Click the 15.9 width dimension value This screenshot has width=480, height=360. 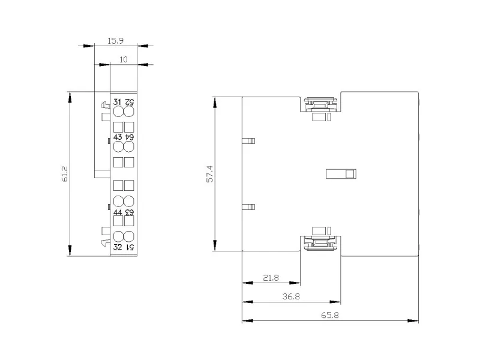click(115, 41)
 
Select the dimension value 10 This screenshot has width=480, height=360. click(124, 59)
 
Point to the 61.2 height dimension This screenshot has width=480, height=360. click(65, 174)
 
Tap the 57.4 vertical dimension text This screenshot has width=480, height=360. click(209, 174)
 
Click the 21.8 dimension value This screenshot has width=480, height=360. click(271, 278)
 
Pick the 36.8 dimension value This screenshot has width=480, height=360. click(291, 296)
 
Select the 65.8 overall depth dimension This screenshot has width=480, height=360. click(329, 315)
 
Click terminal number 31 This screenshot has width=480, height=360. click(117, 102)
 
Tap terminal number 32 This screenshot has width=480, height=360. click(118, 247)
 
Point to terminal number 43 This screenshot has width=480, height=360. click(118, 137)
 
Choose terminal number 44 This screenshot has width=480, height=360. click(118, 212)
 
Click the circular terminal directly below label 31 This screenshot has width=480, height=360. click(118, 112)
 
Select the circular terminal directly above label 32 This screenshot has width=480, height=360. click(118, 236)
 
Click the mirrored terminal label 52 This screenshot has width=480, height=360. click(129, 102)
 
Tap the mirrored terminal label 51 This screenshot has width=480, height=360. click(130, 247)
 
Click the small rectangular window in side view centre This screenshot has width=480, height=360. click(341, 174)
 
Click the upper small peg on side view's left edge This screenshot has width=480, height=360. click(248, 141)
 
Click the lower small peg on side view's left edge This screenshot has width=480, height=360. click(248, 207)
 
